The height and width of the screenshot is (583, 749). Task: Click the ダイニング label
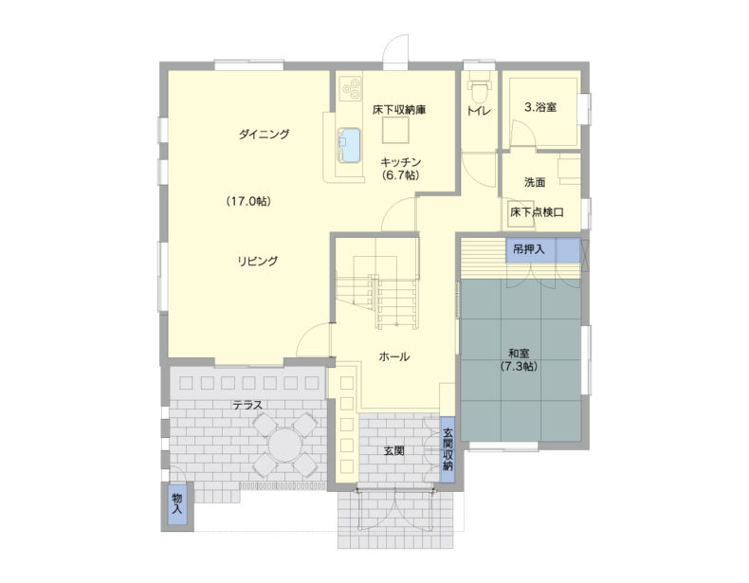click(265, 135)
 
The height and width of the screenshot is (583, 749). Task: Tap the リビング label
click(258, 261)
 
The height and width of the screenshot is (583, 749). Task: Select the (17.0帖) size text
click(248, 201)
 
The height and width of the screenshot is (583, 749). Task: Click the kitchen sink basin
click(349, 146)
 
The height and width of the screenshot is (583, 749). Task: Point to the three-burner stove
click(351, 89)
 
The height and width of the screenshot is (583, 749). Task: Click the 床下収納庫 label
click(399, 109)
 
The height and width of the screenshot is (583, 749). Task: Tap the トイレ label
click(479, 111)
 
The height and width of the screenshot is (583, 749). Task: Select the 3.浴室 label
click(540, 107)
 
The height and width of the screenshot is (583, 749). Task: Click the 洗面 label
click(535, 182)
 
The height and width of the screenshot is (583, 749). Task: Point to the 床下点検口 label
click(537, 212)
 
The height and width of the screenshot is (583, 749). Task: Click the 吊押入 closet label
click(528, 248)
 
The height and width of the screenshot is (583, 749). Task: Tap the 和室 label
click(519, 354)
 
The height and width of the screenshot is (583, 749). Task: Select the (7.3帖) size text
click(519, 367)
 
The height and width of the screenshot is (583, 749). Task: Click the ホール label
click(394, 356)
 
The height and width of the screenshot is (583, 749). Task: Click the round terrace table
click(285, 445)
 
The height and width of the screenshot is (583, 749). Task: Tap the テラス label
click(247, 405)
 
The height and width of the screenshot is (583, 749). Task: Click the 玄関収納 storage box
click(448, 449)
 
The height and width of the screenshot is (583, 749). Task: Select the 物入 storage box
click(177, 504)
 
